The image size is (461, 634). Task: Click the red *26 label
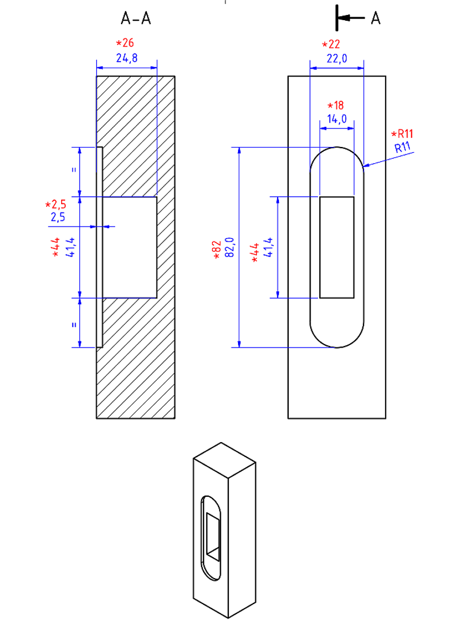click(126, 43)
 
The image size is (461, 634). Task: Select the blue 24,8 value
click(127, 58)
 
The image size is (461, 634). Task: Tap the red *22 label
click(331, 44)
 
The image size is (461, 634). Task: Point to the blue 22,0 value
click(337, 58)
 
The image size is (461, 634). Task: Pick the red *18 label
click(335, 105)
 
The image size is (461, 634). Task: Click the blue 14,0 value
click(337, 119)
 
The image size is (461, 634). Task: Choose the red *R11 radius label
click(402, 134)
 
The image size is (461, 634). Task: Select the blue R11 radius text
click(403, 147)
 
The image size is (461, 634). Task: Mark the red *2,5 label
click(56, 205)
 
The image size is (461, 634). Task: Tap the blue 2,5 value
click(58, 217)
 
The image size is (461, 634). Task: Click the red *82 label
click(217, 250)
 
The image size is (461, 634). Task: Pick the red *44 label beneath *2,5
click(56, 246)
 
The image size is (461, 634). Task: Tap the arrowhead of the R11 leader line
click(365, 167)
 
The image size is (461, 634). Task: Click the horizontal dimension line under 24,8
click(127, 68)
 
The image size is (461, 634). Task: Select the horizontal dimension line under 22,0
click(337, 68)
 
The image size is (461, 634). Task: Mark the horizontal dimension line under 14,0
click(337, 128)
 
